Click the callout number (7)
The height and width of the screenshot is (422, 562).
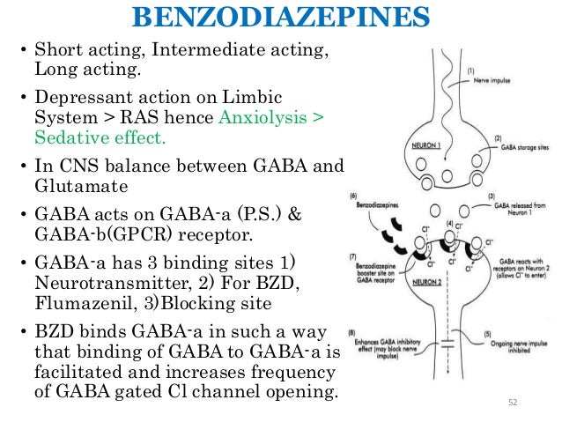click(x=353, y=255)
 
